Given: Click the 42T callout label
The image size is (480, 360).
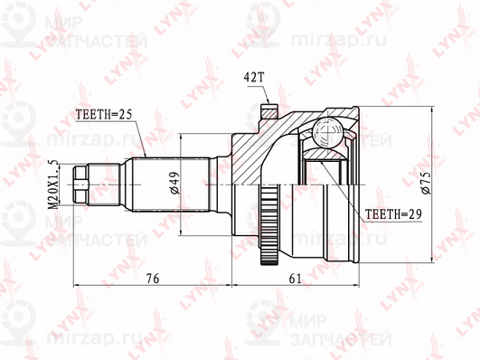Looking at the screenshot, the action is point(253,78).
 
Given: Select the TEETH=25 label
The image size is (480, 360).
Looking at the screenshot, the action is point(103,115).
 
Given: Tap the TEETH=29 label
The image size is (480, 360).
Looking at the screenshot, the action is point(393,213).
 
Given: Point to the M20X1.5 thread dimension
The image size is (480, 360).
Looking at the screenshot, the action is point(53,185).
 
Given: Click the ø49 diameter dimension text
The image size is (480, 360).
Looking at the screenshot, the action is point(174,183).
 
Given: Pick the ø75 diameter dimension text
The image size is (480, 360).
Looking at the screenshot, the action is point(426,183).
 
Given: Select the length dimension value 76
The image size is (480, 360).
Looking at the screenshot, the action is point(153,279).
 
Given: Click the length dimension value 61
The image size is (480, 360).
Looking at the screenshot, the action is point(295,279).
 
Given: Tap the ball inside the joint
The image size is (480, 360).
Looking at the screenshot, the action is point(327,132).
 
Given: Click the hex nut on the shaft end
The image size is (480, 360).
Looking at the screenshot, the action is point(80,185).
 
